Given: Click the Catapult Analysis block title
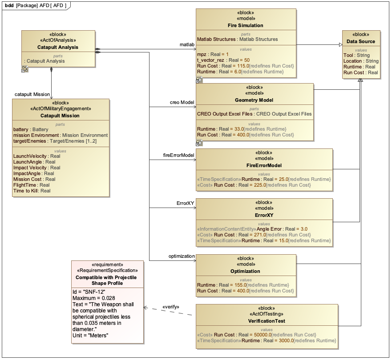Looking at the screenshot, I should click(x=58, y=47).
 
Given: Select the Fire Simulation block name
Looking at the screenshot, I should click(x=246, y=25).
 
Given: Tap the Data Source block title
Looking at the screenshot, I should click(x=361, y=42).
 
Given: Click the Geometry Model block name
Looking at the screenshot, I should click(x=254, y=100).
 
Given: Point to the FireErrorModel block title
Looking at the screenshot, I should click(x=264, y=165).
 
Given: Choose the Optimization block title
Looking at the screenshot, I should click(x=245, y=271).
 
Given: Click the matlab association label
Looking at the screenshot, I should click(x=187, y=45).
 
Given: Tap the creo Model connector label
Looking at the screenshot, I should click(x=182, y=103).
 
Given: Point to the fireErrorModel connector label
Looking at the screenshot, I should click(x=179, y=155).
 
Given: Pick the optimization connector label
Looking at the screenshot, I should click(x=182, y=256).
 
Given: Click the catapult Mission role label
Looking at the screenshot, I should click(x=32, y=94).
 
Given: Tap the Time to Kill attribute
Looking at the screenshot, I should click(x=32, y=191).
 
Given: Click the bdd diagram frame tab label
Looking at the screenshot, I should click(x=36, y=5).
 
